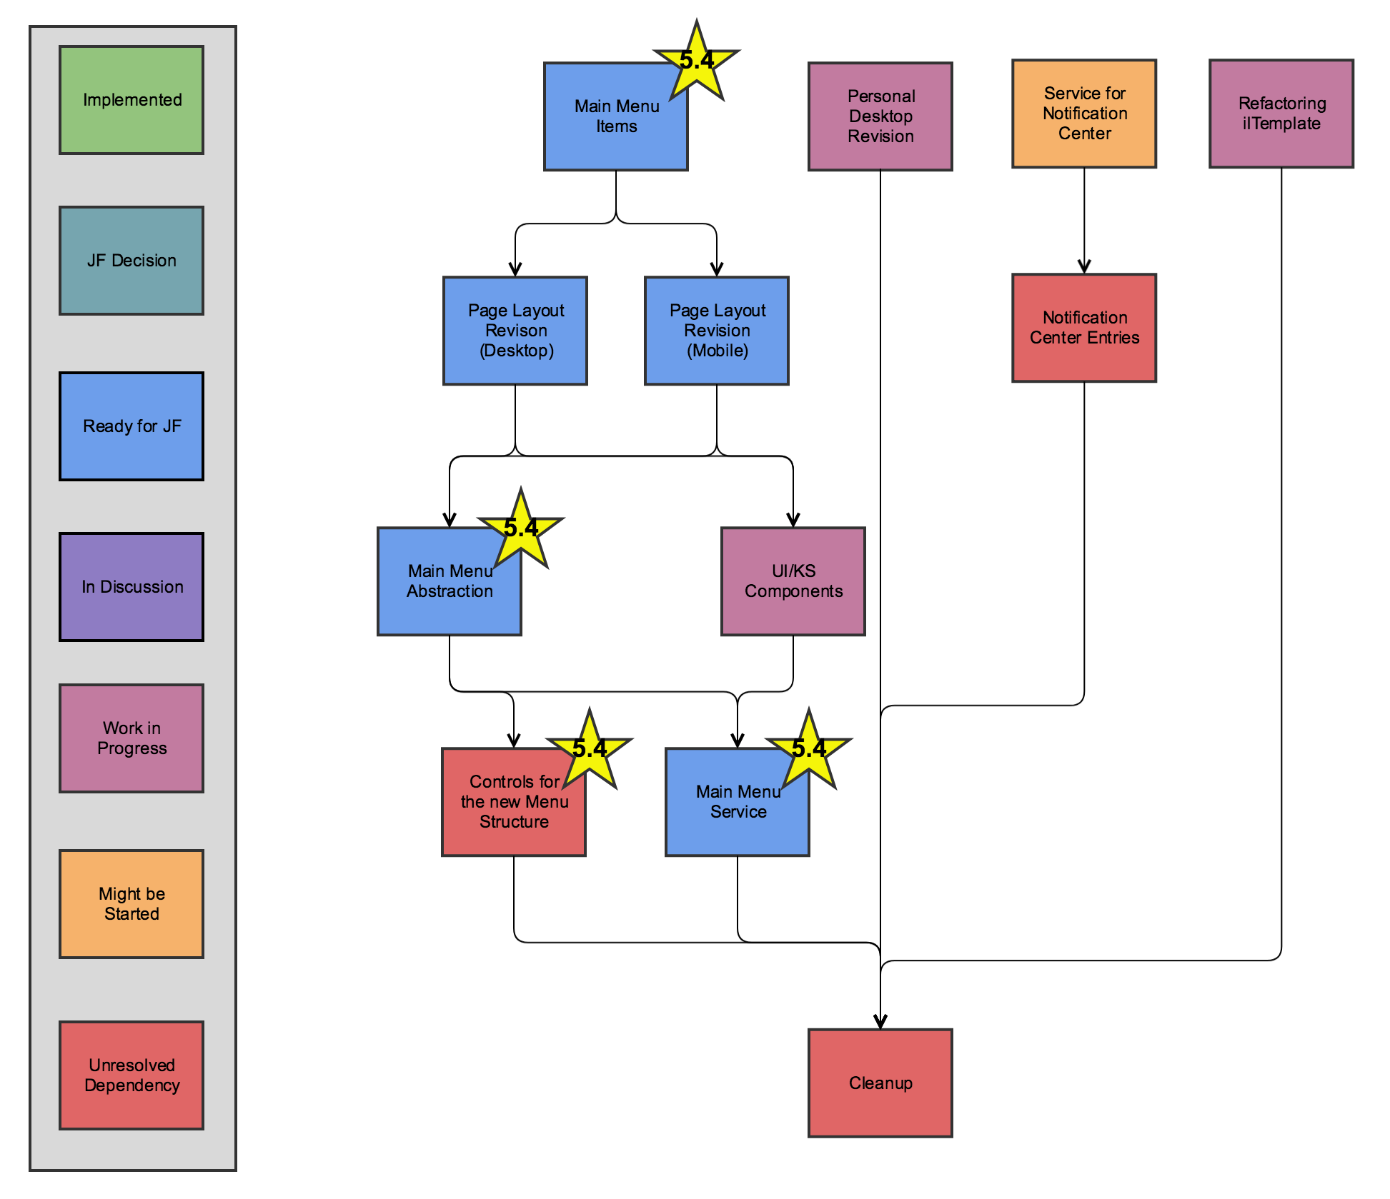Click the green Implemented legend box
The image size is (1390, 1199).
(131, 100)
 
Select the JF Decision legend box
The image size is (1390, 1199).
(131, 261)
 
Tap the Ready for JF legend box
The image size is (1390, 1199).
(131, 426)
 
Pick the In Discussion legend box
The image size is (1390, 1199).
(131, 587)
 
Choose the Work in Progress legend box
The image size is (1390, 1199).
(131, 738)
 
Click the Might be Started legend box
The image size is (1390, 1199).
(131, 904)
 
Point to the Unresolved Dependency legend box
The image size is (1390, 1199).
(131, 1075)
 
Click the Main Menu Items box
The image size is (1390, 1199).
(607, 125)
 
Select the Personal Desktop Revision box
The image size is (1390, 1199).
(880, 116)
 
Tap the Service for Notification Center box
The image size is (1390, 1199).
(1084, 114)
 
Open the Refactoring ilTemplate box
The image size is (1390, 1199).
(1281, 114)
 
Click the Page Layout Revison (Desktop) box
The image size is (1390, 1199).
(515, 331)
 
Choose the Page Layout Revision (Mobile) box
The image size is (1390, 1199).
(717, 331)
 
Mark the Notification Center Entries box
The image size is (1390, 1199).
(1084, 328)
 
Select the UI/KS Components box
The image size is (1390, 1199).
(793, 581)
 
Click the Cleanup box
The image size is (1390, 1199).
(880, 1083)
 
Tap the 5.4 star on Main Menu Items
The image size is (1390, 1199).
(697, 63)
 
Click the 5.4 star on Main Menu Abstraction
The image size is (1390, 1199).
(521, 531)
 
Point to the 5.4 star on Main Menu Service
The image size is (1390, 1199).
(809, 751)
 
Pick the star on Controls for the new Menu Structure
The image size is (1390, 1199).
(590, 751)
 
